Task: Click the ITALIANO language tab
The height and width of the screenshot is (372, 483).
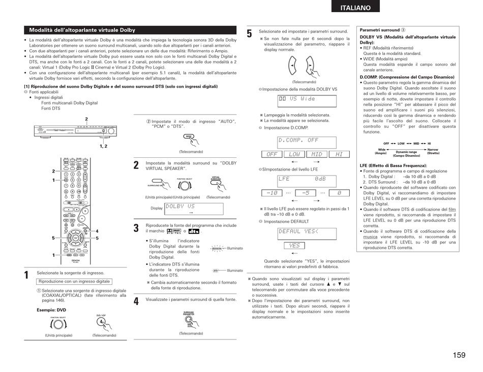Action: [x=363, y=8]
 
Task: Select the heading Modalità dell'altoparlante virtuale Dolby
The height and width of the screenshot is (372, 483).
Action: [x=82, y=30]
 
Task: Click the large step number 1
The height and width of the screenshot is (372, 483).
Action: [x=26, y=276]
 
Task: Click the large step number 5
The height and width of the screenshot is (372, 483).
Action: [x=249, y=35]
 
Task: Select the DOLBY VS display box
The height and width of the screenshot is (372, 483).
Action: [x=194, y=208]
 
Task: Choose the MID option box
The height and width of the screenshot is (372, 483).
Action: [x=317, y=154]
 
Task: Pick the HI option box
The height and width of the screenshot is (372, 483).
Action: [x=339, y=154]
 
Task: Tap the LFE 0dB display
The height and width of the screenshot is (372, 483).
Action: [x=307, y=180]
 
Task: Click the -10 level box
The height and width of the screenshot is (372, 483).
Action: [x=273, y=193]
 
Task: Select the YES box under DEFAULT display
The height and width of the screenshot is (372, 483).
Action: [x=294, y=246]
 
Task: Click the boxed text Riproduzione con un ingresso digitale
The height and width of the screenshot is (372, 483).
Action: [x=74, y=281]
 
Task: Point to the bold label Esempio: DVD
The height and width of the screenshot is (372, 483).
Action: [x=51, y=310]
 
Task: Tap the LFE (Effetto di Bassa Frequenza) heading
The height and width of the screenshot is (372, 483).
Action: [x=393, y=165]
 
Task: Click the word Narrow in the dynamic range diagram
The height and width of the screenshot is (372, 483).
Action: [x=433, y=150]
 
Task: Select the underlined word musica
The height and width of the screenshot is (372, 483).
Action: [x=370, y=237]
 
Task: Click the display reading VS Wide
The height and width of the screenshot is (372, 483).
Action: [x=307, y=100]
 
